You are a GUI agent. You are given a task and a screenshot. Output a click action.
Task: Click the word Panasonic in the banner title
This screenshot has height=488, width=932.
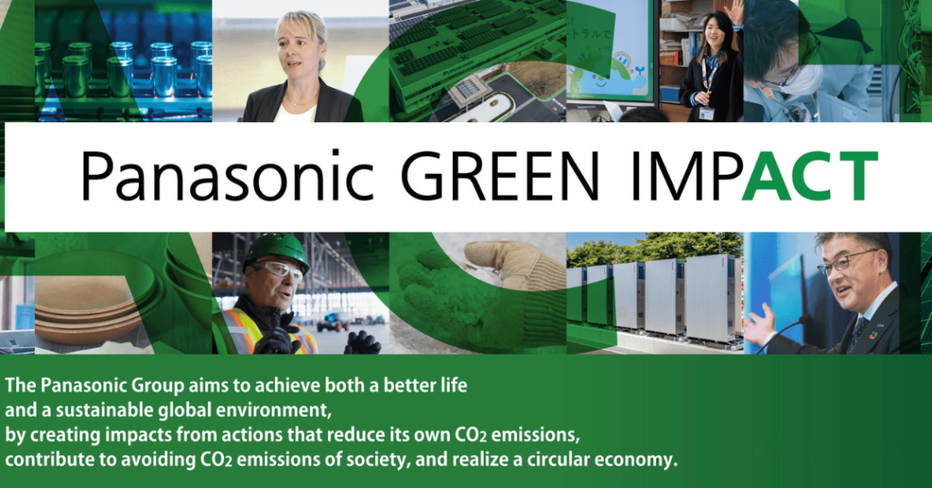[227, 176]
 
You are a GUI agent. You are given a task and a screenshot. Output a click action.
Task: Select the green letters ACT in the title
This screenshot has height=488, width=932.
[809, 176]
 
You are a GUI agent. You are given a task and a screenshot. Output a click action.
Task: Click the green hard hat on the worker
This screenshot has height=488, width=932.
[277, 251]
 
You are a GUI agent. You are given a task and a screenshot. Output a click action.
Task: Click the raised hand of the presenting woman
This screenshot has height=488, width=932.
[736, 11]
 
